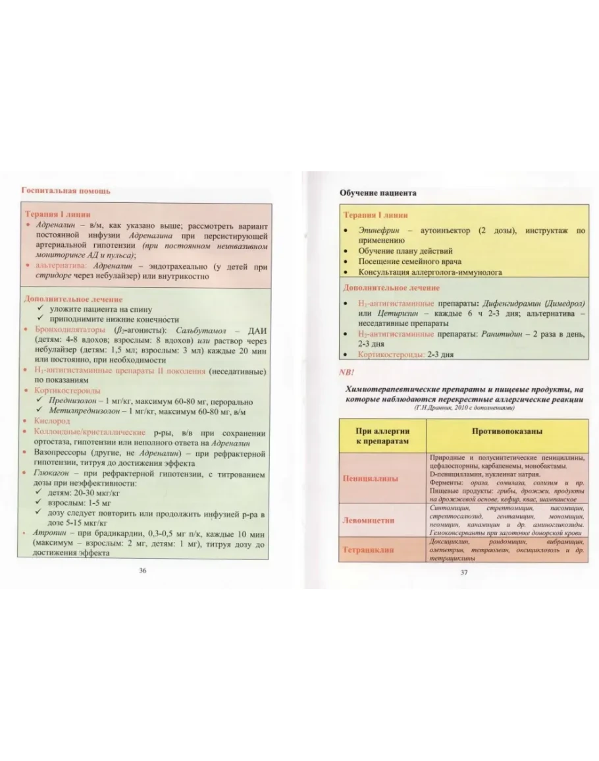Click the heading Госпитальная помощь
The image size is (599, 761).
coord(66,190)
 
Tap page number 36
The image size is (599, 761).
coord(142,571)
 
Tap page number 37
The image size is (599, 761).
coord(463,572)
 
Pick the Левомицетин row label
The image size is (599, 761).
coord(369,520)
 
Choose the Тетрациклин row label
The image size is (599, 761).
coord(369,549)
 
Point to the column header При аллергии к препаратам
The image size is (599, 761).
coord(382,436)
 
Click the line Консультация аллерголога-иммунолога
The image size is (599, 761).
coord(430,272)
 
